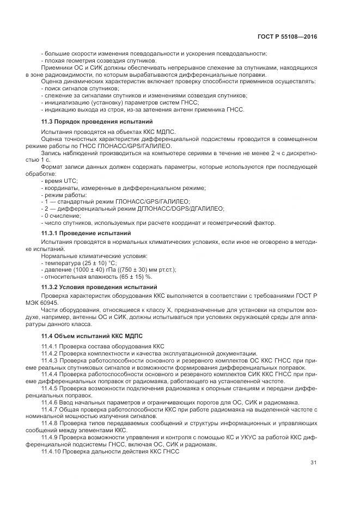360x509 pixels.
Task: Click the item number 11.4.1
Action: tap(51, 346)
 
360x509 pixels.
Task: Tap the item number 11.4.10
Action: tap(52, 452)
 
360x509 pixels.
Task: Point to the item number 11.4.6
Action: tap(51, 402)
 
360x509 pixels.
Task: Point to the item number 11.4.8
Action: tap(51, 423)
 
